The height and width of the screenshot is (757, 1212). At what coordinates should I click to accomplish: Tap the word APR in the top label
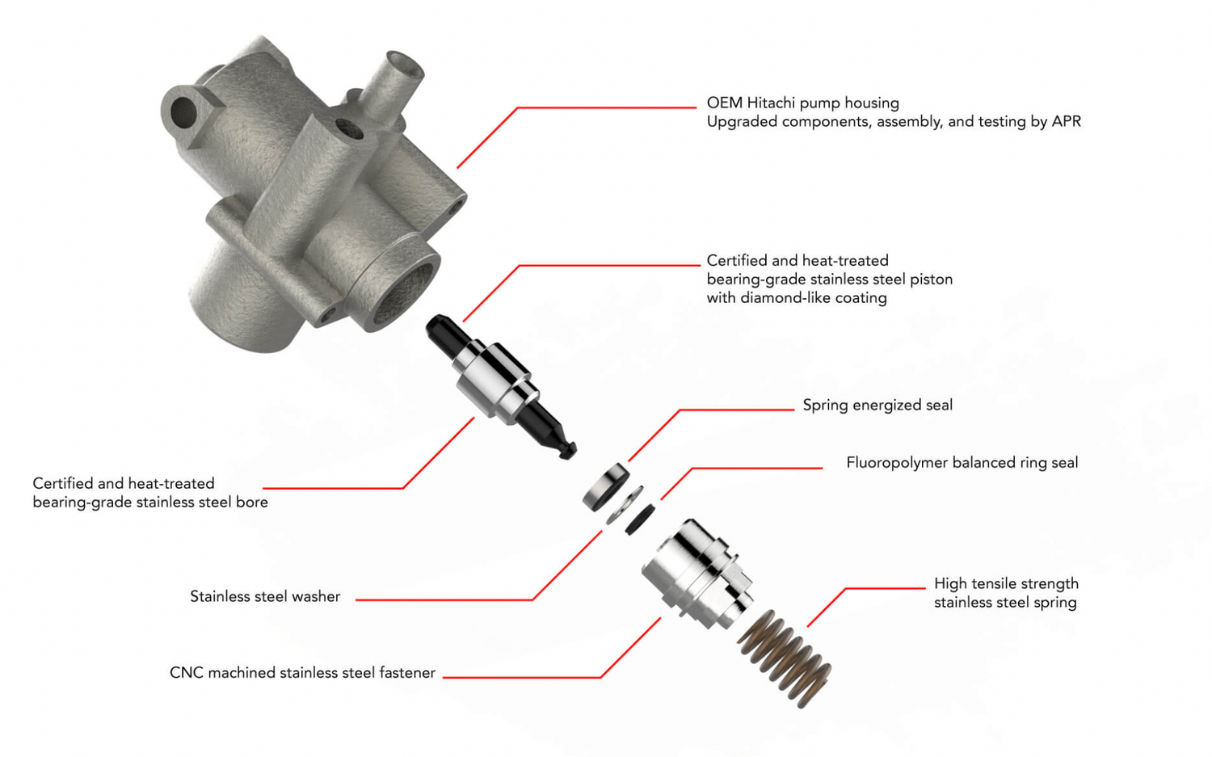tap(1066, 121)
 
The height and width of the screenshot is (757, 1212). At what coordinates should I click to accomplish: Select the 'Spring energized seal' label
tap(877, 406)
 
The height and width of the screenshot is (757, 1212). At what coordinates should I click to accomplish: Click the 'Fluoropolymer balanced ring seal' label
tap(962, 463)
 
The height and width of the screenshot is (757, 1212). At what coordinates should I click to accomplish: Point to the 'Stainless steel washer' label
tap(265, 596)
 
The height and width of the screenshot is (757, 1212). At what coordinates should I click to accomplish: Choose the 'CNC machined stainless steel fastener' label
tap(302, 673)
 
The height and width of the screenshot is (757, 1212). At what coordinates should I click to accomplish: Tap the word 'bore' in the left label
tap(252, 503)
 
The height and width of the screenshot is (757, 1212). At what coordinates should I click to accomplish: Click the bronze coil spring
tap(785, 658)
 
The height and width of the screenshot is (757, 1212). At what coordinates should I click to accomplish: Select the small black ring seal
tap(640, 519)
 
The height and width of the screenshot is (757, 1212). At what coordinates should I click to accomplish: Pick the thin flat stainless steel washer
tap(625, 506)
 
